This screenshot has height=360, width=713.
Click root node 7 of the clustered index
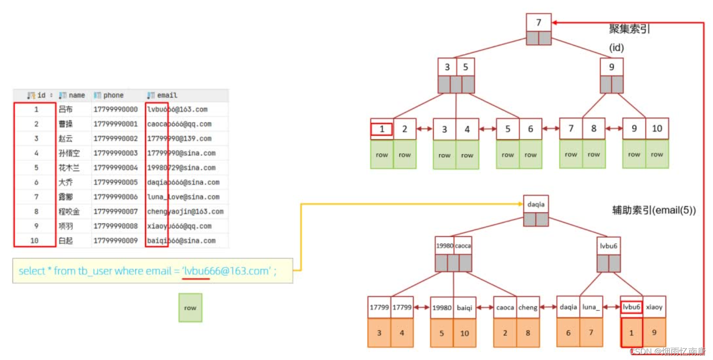(538, 22)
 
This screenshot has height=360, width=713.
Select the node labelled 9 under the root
(611, 67)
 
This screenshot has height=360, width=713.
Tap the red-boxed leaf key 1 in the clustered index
(382, 129)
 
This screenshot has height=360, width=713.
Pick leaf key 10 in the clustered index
(657, 129)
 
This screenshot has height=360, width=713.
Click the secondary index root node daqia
(536, 204)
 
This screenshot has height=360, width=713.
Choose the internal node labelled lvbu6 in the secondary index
(608, 246)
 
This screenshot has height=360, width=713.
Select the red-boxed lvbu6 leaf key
(631, 307)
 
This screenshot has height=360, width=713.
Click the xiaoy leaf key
(654, 307)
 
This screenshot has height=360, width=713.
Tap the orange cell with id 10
(464, 333)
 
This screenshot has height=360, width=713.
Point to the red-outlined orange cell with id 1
(631, 333)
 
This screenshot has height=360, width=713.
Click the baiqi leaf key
(464, 308)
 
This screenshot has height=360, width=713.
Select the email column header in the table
(167, 95)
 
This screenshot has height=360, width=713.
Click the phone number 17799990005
(115, 182)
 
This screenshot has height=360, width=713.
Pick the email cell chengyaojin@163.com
(185, 211)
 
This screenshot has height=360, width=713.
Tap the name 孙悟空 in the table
(69, 153)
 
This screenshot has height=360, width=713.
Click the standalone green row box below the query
(190, 308)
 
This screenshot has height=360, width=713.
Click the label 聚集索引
(629, 29)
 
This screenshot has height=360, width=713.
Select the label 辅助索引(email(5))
(654, 210)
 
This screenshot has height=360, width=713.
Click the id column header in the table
(41, 95)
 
